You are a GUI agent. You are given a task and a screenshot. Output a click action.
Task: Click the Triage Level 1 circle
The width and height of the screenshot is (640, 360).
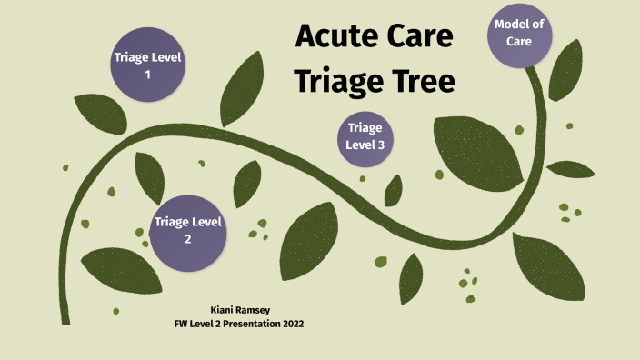click(x=148, y=66)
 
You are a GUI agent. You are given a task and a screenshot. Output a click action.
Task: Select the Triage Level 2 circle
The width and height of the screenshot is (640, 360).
click(x=188, y=231)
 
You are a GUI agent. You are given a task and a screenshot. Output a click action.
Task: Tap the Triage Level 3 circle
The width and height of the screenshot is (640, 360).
click(x=365, y=136)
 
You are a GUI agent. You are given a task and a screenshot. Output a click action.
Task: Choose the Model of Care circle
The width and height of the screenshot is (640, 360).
click(x=519, y=34)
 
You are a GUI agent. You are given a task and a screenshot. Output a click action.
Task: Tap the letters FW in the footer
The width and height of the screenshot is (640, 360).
click(x=181, y=324)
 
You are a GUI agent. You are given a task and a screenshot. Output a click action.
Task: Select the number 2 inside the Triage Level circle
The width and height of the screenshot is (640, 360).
click(x=188, y=240)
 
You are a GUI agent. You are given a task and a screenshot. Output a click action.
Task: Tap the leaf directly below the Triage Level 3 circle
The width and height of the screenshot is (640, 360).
click(x=394, y=189)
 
